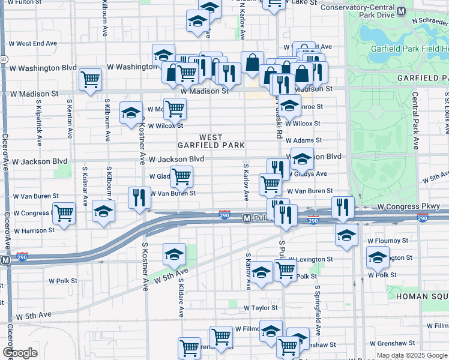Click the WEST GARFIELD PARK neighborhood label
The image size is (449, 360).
211,142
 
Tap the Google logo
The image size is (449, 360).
20,353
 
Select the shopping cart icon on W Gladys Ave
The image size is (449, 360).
181,176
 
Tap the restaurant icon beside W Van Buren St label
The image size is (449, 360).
139,197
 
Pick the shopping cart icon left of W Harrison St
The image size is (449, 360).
64,212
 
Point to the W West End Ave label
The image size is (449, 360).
36,44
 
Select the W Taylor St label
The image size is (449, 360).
261,308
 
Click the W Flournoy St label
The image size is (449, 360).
387,241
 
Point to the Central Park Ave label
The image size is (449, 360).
415,121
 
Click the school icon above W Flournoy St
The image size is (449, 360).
346,235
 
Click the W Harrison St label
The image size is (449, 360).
35,230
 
